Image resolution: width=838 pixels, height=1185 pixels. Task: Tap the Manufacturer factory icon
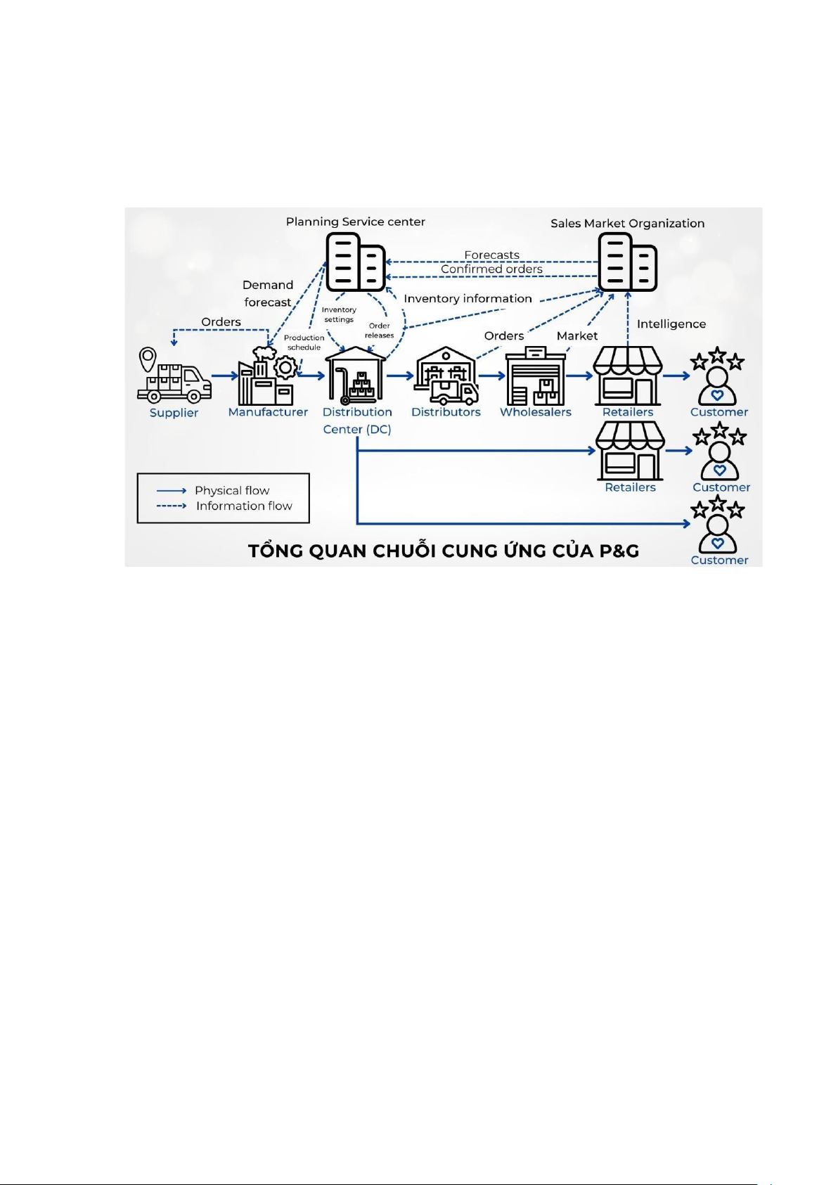pyautogui.click(x=266, y=378)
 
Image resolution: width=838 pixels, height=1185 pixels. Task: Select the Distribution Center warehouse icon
pyautogui.click(x=356, y=376)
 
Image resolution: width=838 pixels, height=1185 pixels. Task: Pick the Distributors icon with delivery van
pyautogui.click(x=446, y=376)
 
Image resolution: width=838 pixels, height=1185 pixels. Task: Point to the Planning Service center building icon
pyautogui.click(x=355, y=262)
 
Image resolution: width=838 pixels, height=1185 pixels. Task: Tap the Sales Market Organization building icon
pyautogui.click(x=627, y=262)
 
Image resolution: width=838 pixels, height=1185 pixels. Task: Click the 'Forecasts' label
pyautogui.click(x=491, y=255)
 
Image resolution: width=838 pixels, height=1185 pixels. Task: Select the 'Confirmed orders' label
pyautogui.click(x=491, y=269)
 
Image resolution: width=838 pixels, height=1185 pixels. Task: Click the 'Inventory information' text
pyautogui.click(x=468, y=298)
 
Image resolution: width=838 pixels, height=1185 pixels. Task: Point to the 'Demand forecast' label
pyautogui.click(x=267, y=293)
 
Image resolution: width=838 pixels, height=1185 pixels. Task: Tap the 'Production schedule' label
pyautogui.click(x=304, y=342)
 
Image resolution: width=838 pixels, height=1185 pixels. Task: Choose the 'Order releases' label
pyautogui.click(x=379, y=331)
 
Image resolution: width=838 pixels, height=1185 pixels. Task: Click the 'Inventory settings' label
pyautogui.click(x=339, y=314)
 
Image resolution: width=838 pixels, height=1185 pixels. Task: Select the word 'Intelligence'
pyautogui.click(x=671, y=324)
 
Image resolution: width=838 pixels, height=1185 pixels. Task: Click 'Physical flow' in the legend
pyautogui.click(x=232, y=490)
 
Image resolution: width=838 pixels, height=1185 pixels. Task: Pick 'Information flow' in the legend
pyautogui.click(x=244, y=506)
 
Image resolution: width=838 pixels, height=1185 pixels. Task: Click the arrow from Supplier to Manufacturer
pyautogui.click(x=224, y=376)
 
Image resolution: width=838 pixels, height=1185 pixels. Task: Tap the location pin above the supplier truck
pyautogui.click(x=148, y=359)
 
